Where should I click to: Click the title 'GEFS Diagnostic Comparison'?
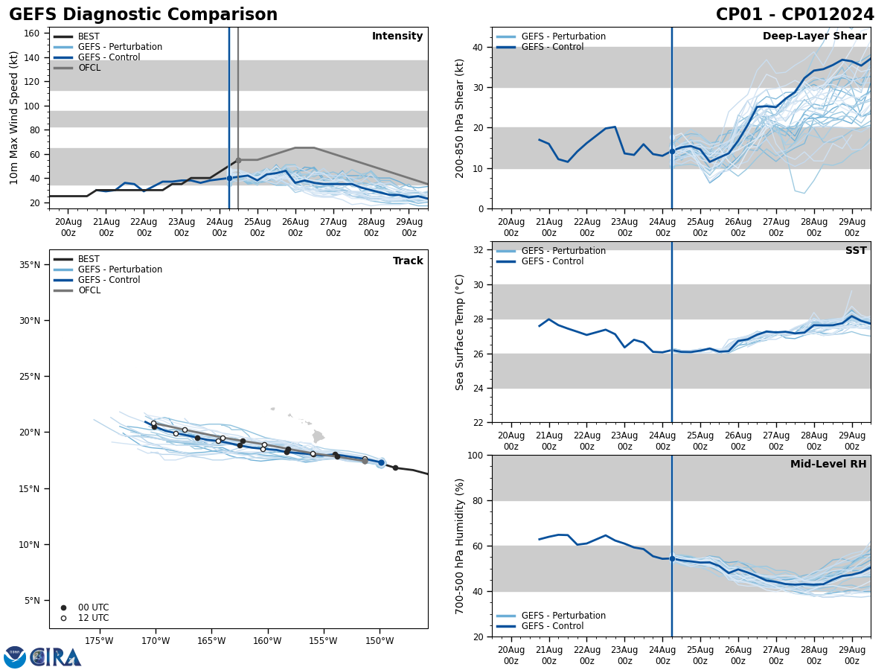coord(143,15)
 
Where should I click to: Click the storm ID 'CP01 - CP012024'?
coord(795,15)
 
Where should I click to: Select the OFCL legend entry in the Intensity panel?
coord(89,68)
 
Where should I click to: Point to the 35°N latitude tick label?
coord(29,265)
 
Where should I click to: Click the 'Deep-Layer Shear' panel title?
coord(814,36)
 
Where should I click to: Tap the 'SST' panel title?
coord(855,251)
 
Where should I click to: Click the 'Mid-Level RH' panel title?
coord(828,465)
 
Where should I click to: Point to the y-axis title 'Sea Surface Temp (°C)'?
coord(461,332)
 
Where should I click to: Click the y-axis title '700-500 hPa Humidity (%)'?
coord(461,546)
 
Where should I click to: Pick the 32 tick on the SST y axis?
coord(477,250)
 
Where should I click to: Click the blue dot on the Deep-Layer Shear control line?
coord(672,151)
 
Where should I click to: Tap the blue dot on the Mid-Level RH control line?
coord(672,558)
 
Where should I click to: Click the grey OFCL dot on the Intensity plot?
coord(238,160)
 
